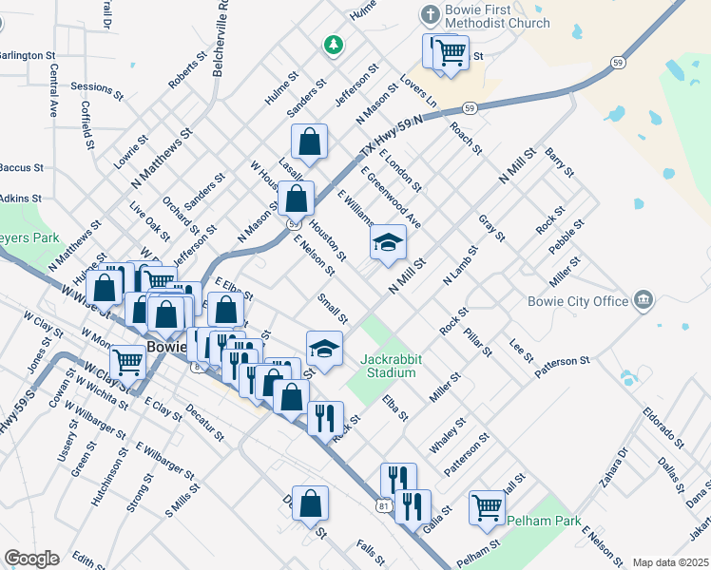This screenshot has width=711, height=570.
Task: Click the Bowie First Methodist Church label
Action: pyautogui.click(x=496, y=16)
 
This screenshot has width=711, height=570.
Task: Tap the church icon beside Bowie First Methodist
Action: pyautogui.click(x=427, y=16)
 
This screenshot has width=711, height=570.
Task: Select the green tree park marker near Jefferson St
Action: pyautogui.click(x=333, y=44)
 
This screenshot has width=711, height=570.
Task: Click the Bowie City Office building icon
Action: pyautogui.click(x=644, y=300)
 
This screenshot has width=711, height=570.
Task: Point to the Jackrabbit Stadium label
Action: pyautogui.click(x=388, y=366)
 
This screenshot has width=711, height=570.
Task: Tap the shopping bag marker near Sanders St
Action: pyautogui.click(x=309, y=142)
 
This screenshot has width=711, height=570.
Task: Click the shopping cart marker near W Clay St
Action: pyautogui.click(x=127, y=360)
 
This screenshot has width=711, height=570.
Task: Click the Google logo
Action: pyautogui.click(x=31, y=559)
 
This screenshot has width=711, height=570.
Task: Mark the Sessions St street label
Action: pyautogui.click(x=98, y=90)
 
